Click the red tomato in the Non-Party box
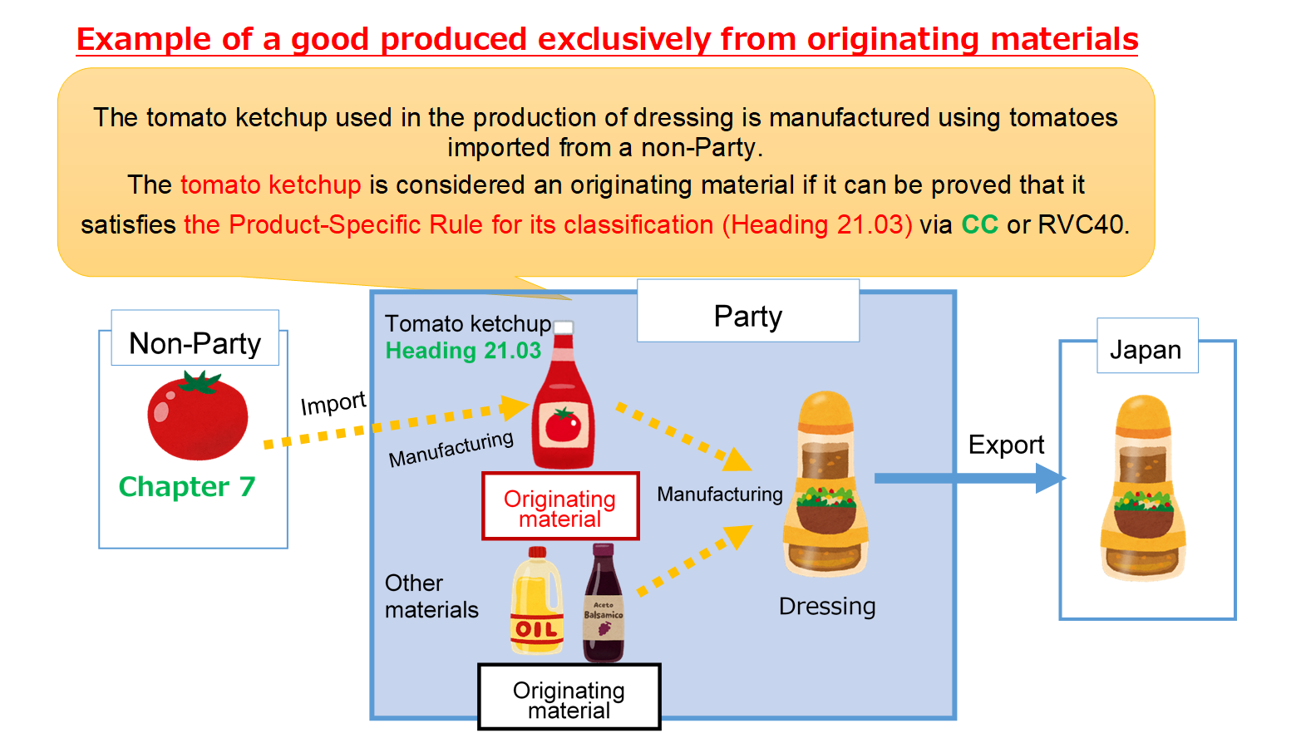click(x=197, y=417)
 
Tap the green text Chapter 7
click(x=187, y=487)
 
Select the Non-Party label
click(x=195, y=342)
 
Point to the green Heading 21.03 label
click(x=463, y=351)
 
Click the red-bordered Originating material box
click(x=560, y=507)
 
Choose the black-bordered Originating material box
click(x=569, y=698)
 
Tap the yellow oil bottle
click(x=536, y=602)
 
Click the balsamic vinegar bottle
click(x=604, y=604)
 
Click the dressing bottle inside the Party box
click(x=825, y=486)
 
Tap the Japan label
click(x=1146, y=349)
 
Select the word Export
click(x=1006, y=445)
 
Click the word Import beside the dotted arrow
click(x=333, y=403)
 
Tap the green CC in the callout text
click(x=979, y=224)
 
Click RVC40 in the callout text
click(x=1083, y=224)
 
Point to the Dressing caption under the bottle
click(x=827, y=607)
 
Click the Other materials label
click(x=431, y=596)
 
